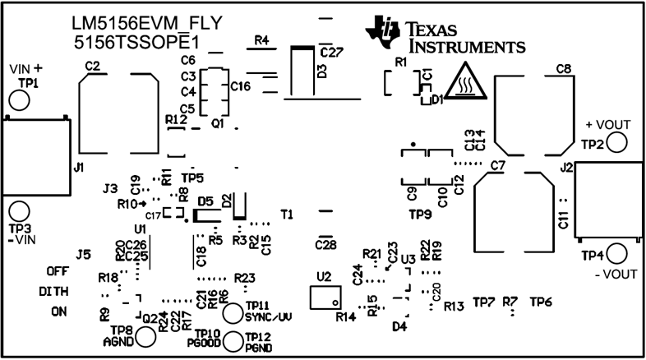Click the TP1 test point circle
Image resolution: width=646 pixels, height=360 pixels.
coord(18,100)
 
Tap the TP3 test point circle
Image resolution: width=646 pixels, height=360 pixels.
coord(18,211)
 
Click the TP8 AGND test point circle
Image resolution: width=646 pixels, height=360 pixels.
coord(146,335)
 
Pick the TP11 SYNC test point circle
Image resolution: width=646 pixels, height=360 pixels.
coord(233,312)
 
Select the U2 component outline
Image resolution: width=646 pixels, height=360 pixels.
coord(325,297)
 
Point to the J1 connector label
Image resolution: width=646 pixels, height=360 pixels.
coord(79,167)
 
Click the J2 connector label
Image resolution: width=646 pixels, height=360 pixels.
coord(566,167)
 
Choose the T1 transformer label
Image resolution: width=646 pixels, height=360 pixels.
coord(287,214)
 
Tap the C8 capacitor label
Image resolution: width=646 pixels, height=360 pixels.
coord(563,69)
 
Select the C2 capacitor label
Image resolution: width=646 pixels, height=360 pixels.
coord(92,67)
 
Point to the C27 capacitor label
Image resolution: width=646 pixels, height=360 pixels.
coord(330,52)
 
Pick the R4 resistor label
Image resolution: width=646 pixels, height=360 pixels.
coord(262,40)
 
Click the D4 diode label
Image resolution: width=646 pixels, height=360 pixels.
coord(400,326)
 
